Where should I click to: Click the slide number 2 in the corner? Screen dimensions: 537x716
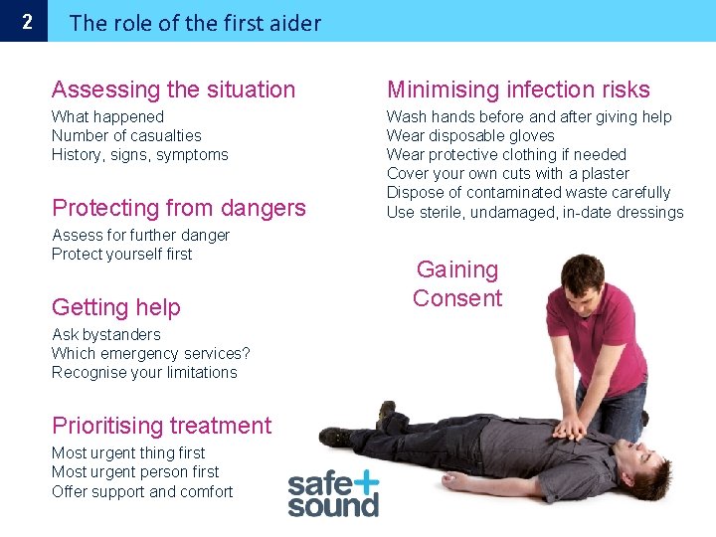[27, 21]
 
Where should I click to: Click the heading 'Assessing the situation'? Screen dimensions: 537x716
[174, 89]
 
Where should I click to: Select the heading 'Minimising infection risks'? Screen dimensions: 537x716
[518, 89]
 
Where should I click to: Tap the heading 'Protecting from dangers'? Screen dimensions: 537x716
[179, 208]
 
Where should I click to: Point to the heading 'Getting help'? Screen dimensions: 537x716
[116, 307]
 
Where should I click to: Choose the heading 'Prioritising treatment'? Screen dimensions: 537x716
[162, 426]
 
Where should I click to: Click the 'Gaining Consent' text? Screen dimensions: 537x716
[457, 283]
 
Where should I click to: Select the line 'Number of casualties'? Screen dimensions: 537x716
[126, 136]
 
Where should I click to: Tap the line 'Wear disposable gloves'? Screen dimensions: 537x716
[470, 136]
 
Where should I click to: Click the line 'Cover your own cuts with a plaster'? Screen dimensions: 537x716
[508, 174]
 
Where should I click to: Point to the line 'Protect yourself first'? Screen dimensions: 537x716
[122, 255]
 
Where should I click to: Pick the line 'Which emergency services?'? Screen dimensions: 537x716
[151, 354]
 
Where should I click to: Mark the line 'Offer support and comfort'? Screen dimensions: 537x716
[142, 491]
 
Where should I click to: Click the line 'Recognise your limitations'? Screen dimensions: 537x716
[145, 373]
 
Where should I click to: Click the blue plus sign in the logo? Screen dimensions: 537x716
[364, 482]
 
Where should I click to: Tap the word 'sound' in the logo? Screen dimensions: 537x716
[333, 504]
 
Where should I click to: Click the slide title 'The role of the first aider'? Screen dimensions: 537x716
[196, 23]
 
